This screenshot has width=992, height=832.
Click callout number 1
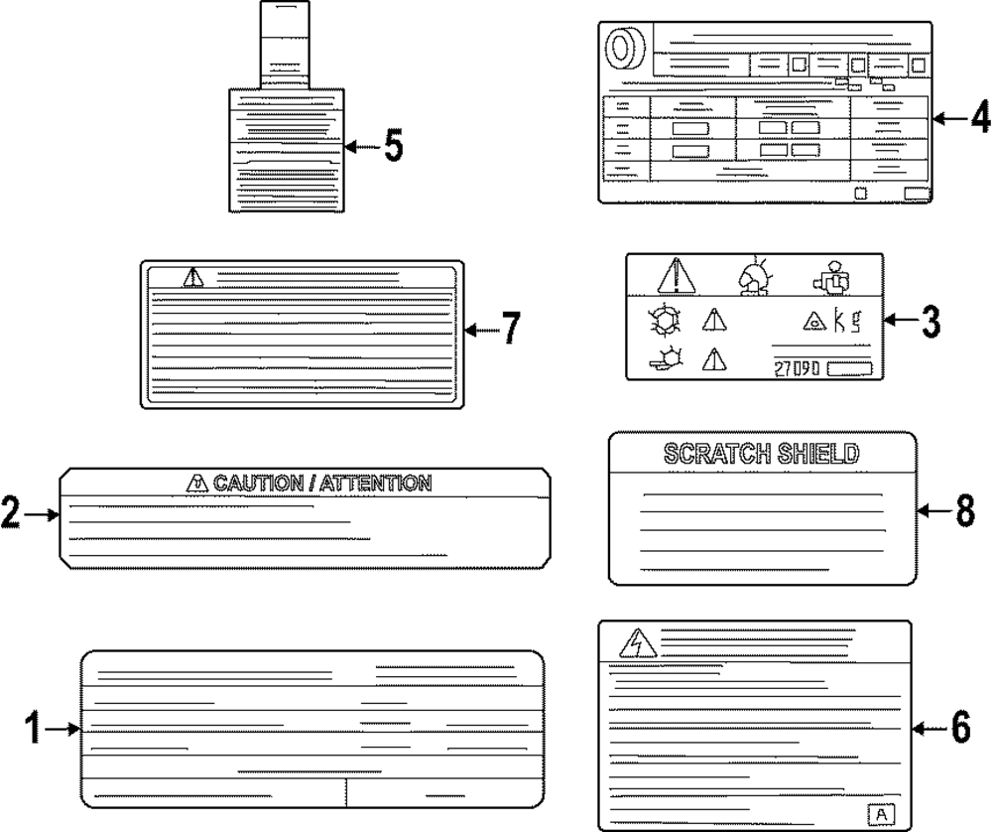pos(32,730)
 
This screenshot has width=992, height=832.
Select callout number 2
pos(10,514)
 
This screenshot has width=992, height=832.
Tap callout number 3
pos(930,321)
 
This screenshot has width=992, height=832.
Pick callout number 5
pos(393,147)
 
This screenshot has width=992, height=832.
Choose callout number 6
pos(959,730)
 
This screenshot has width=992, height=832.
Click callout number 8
pos(965,511)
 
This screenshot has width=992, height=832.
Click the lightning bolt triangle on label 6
pos(631,646)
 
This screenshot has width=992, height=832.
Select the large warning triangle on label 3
pos(678,275)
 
